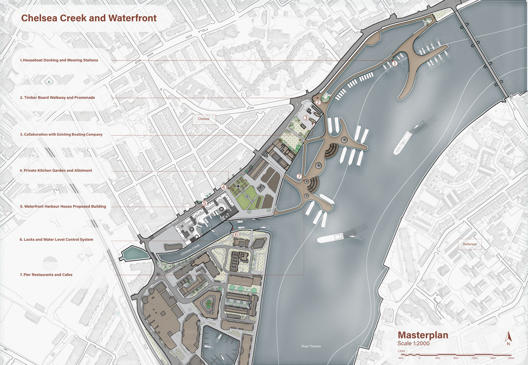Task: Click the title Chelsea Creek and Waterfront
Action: click(x=88, y=18)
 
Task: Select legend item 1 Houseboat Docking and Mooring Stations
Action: click(x=59, y=60)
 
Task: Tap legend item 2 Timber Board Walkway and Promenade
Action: click(x=57, y=97)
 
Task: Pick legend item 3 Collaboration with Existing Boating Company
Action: click(x=61, y=134)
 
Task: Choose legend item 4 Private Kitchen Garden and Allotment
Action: click(x=56, y=171)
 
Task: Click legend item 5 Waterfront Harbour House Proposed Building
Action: click(x=63, y=206)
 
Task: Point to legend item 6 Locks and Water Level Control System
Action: click(x=56, y=239)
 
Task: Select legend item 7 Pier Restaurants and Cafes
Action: click(x=46, y=275)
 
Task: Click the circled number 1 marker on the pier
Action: click(x=394, y=63)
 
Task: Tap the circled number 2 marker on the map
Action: click(x=318, y=102)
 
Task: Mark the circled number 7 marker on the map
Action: click(x=299, y=176)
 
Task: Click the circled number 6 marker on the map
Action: click(x=236, y=235)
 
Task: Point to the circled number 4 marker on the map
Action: click(x=224, y=187)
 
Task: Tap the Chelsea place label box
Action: click(x=203, y=119)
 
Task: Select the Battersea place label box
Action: click(x=470, y=244)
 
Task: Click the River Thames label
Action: click(x=311, y=346)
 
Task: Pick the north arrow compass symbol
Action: click(x=508, y=338)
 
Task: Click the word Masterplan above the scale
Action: click(x=423, y=335)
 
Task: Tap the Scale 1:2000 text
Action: click(x=413, y=344)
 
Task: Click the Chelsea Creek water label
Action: click(x=190, y=253)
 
